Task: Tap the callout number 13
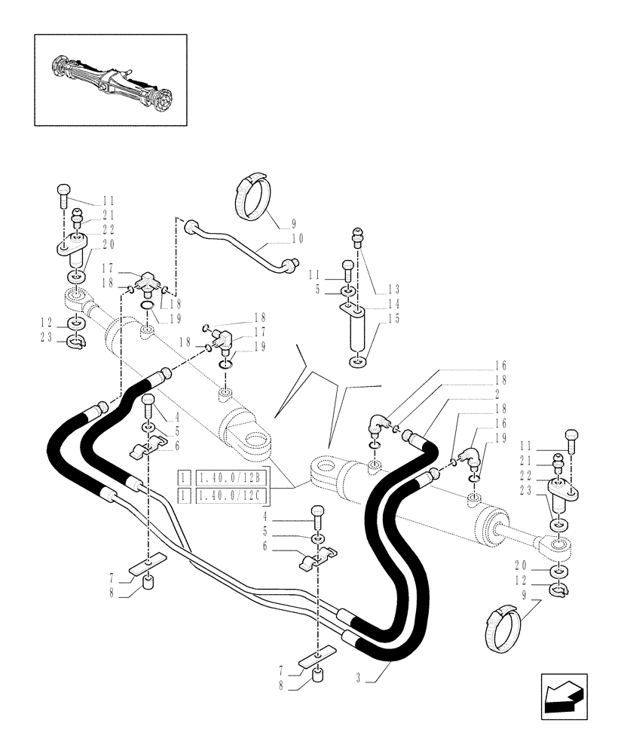click(393, 289)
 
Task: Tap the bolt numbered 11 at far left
click(63, 196)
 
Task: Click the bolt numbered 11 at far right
click(570, 439)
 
